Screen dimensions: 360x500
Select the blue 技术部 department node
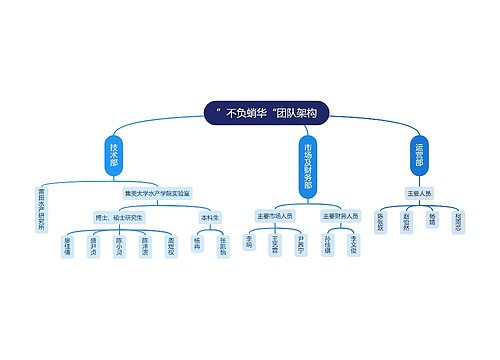tap(114, 155)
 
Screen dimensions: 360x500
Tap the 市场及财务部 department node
tap(306, 165)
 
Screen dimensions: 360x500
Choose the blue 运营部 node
tap(419, 155)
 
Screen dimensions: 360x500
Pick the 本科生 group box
tap(210, 216)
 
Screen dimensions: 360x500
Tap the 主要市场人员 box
tap(275, 215)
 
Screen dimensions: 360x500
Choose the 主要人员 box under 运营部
tap(419, 192)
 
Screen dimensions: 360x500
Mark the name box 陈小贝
tap(120, 246)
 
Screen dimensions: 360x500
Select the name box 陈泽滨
tap(146, 246)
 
